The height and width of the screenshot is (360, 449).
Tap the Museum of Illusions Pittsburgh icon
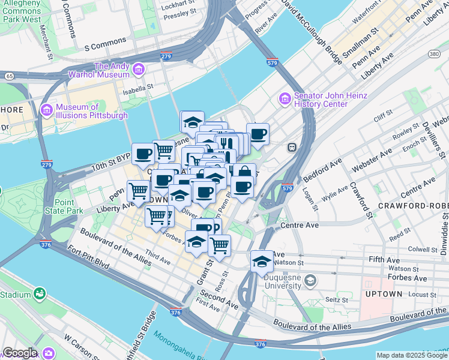tap(47, 111)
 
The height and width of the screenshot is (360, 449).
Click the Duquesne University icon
tap(310, 281)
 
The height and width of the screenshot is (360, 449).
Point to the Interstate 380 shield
tap(433, 54)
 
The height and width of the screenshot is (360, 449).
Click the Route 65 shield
tap(9, 76)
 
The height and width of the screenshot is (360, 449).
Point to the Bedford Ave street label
tap(322, 170)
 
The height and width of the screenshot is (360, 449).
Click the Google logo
tap(20, 353)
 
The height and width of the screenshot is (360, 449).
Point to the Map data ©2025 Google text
tap(411, 355)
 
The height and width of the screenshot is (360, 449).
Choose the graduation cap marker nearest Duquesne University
tap(261, 262)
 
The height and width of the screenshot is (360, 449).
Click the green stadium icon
tap(40, 294)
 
